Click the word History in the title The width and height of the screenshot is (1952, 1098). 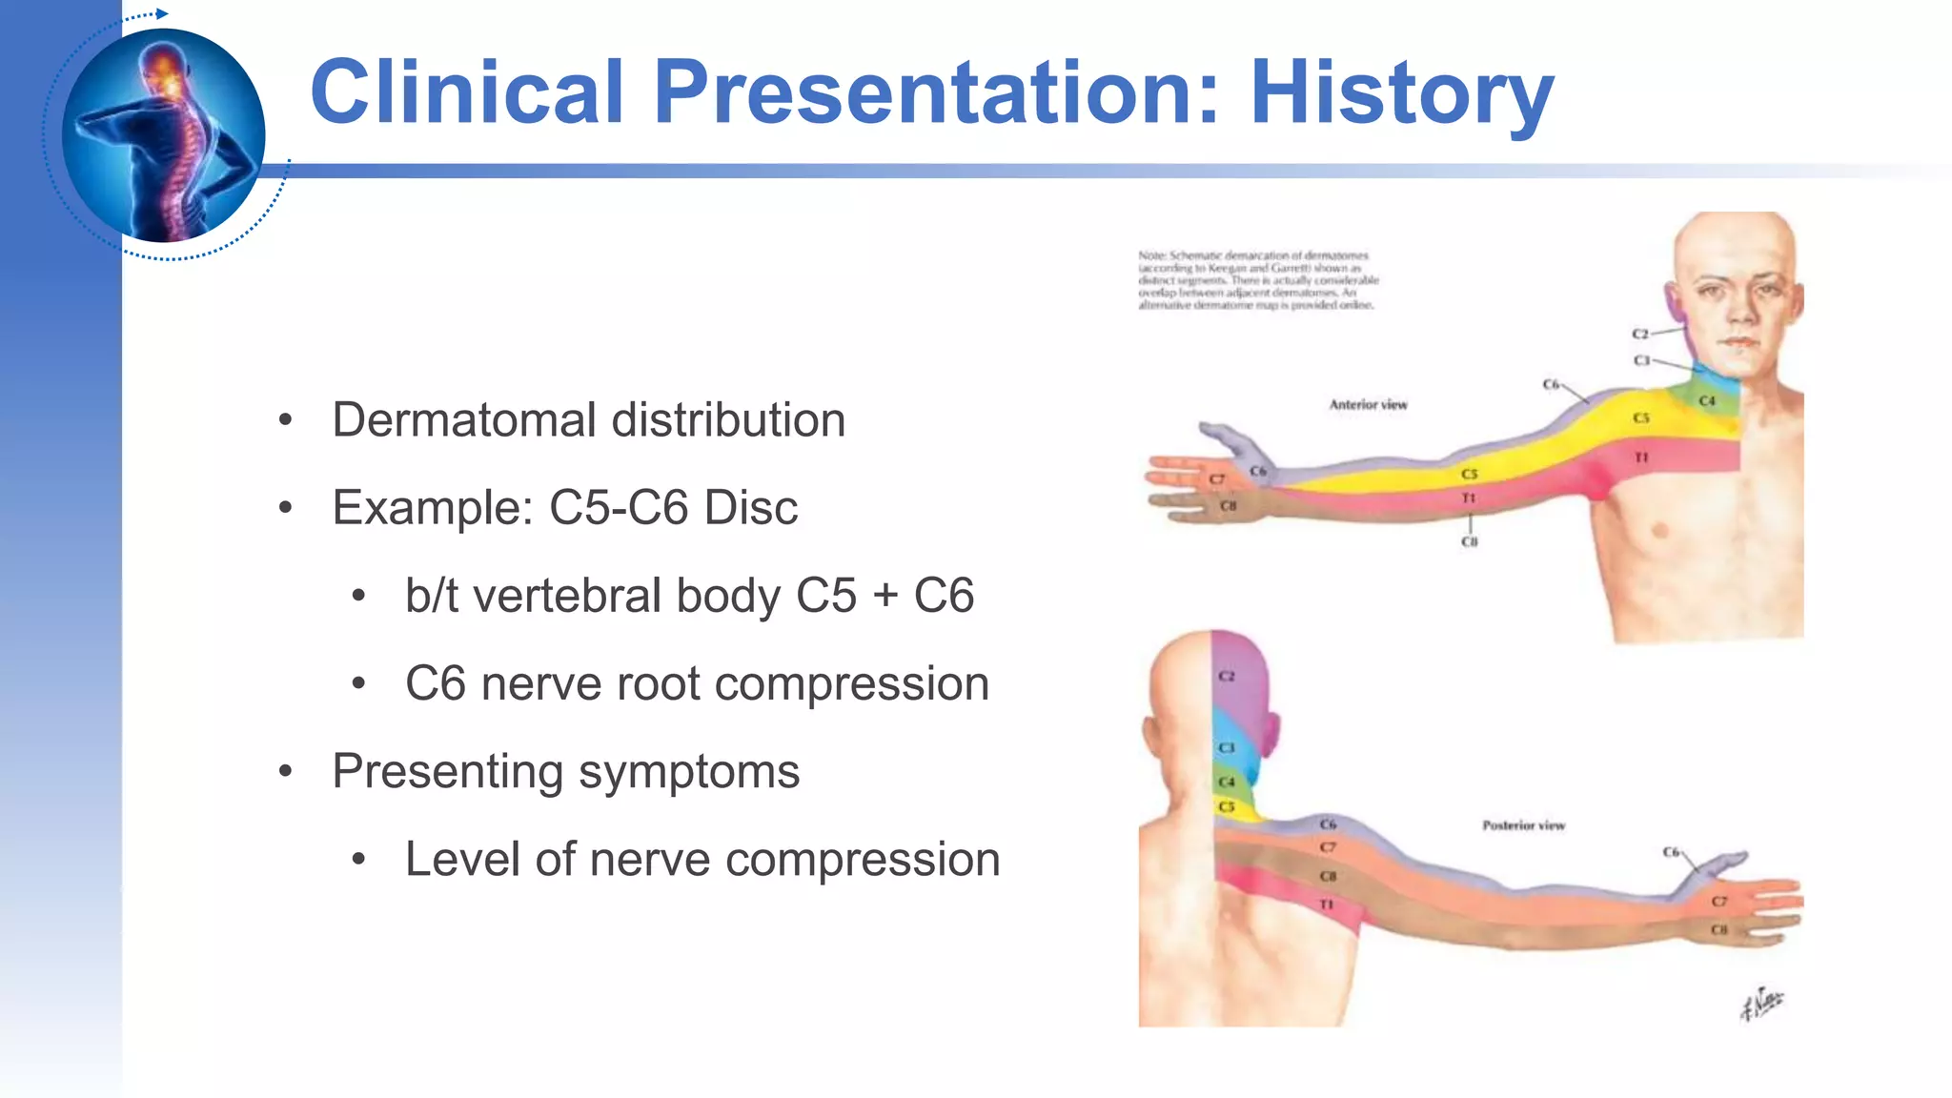click(1401, 92)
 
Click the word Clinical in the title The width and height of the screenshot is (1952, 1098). click(467, 92)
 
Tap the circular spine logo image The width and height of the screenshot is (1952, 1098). click(163, 135)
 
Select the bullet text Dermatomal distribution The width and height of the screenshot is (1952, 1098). click(588, 420)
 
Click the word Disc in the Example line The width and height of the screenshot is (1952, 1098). click(750, 507)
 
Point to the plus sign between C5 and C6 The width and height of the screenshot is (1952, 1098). click(885, 596)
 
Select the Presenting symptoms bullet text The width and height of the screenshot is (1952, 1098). click(565, 771)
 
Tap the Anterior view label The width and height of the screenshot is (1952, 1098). click(1368, 405)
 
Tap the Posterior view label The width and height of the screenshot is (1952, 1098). click(1523, 825)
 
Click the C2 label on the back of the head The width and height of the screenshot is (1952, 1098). click(1227, 676)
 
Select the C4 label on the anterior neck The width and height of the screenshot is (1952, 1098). click(1707, 401)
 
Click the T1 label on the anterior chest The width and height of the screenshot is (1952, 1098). click(1641, 457)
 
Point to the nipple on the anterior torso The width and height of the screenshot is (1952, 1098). click(1660, 529)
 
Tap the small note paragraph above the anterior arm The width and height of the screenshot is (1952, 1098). click(1257, 280)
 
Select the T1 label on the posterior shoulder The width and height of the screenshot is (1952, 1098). click(1326, 904)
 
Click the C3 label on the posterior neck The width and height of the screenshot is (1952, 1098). click(1227, 748)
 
